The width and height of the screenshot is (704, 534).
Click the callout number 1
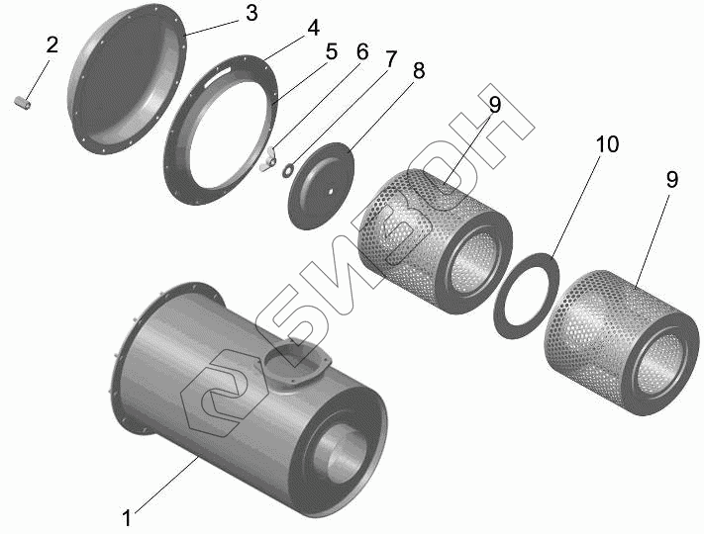pyautogui.click(x=127, y=518)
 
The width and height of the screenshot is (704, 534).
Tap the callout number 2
pyautogui.click(x=52, y=44)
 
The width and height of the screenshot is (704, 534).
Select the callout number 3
pyautogui.click(x=251, y=14)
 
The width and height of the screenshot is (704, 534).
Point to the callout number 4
pyautogui.click(x=313, y=28)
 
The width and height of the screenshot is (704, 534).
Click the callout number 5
pyautogui.click(x=331, y=52)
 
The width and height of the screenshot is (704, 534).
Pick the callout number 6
pyautogui.click(x=361, y=52)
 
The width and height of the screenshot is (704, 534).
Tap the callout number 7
pyautogui.click(x=390, y=59)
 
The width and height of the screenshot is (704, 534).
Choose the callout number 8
pyautogui.click(x=419, y=71)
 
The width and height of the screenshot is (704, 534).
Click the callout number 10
pyautogui.click(x=607, y=144)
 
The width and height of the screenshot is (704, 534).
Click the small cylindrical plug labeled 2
pyautogui.click(x=22, y=102)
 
